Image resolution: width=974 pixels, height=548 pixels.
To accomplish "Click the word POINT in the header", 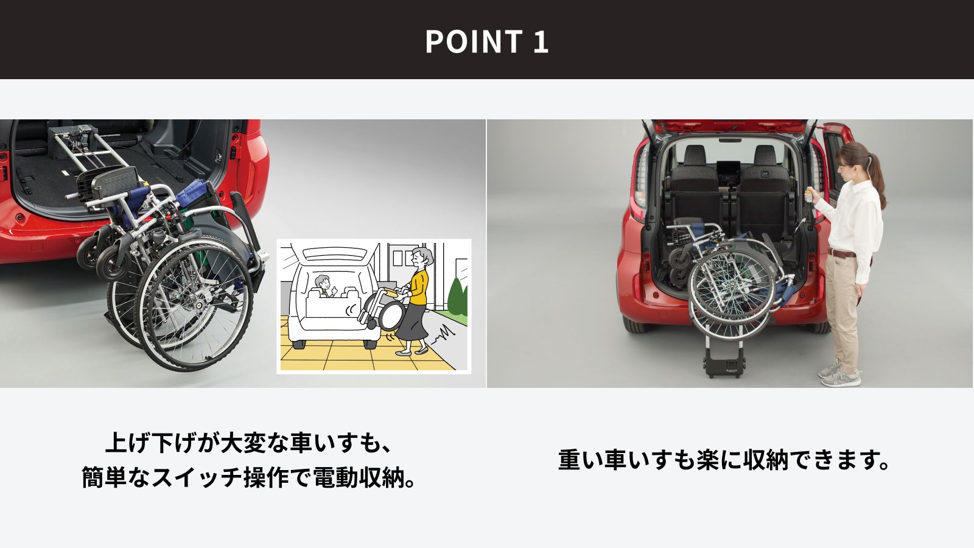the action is tap(474, 41).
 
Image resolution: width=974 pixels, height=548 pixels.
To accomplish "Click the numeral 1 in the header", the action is tap(541, 42).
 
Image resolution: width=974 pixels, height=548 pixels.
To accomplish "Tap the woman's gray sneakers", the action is tap(840, 374).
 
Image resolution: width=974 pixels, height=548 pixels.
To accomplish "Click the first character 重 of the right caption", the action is tap(570, 460).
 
